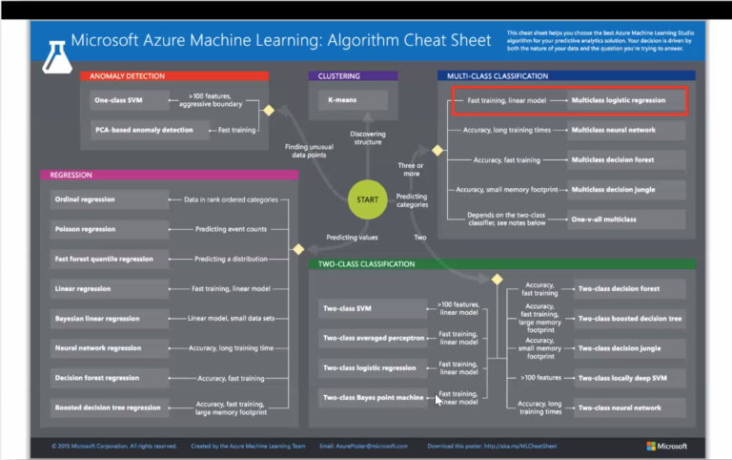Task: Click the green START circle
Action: pyautogui.click(x=368, y=200)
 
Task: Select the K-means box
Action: pyautogui.click(x=352, y=100)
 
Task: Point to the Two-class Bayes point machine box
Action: pyautogui.click(x=373, y=396)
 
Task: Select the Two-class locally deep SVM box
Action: pyautogui.click(x=630, y=378)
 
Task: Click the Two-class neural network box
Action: pyautogui.click(x=630, y=408)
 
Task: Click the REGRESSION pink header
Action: pyautogui.click(x=169, y=176)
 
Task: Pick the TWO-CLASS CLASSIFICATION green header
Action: pyautogui.click(x=502, y=264)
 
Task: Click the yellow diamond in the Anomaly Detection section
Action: pyautogui.click(x=269, y=111)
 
